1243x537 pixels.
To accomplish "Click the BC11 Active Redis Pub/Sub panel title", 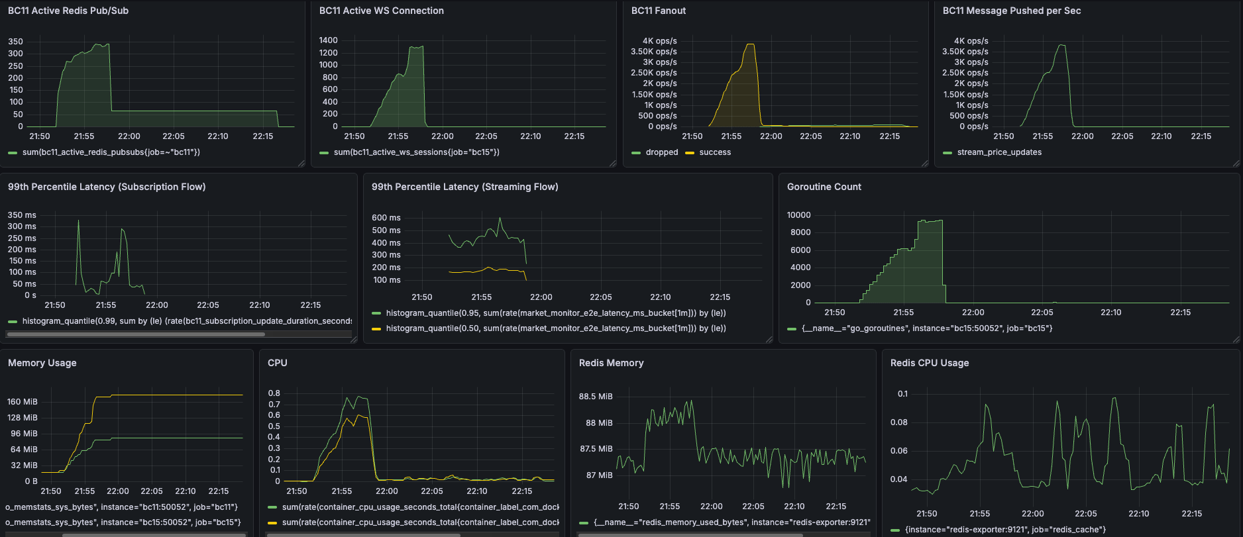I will click(68, 11).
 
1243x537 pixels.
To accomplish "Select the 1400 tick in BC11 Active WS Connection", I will click(328, 40).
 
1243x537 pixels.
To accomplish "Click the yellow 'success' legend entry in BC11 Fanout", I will click(714, 152).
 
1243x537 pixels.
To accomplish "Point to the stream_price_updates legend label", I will click(999, 152).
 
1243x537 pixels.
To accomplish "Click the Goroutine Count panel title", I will click(824, 187).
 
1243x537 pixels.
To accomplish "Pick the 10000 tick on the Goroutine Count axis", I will click(798, 215).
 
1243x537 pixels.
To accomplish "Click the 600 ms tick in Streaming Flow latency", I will click(386, 218).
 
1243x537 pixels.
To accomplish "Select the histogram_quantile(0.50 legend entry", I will click(555, 328).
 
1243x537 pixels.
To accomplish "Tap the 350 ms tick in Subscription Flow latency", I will click(22, 215).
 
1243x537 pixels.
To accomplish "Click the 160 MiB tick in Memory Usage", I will click(23, 402).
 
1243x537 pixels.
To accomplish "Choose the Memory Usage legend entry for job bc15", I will click(123, 522).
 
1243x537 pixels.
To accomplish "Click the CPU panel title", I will click(277, 363).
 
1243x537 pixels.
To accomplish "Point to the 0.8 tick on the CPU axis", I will click(274, 393).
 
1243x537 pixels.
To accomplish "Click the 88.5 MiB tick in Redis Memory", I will click(596, 397).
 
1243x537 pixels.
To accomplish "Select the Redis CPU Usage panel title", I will click(929, 363).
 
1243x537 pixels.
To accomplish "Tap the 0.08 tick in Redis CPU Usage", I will click(898, 422).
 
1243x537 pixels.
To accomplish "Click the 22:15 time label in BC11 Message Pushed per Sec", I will click(1201, 136).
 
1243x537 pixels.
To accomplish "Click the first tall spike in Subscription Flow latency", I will click(78, 220).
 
